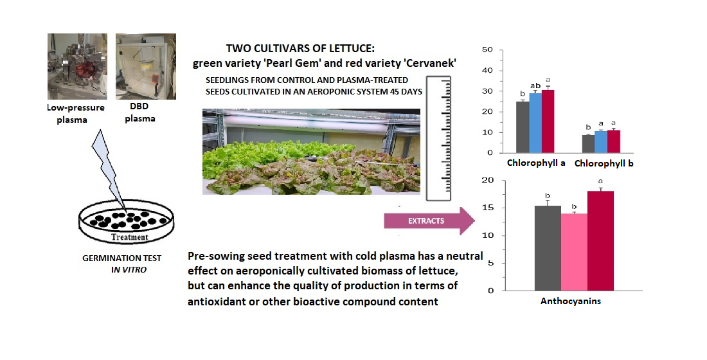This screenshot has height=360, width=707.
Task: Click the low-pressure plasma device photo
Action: coord(77,66)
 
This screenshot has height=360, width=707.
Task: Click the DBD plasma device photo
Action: coord(146,66)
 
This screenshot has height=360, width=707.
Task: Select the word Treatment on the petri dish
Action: coord(129,237)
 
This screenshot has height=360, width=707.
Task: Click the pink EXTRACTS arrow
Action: coord(429,221)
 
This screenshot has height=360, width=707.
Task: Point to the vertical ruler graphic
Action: coord(438,138)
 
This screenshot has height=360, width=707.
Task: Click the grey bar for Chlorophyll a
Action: coord(523,127)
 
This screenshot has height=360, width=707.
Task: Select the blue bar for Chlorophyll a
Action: coord(535,123)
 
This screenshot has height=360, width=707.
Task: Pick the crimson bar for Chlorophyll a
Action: coord(548,122)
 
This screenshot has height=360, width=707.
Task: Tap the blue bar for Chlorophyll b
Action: coord(601,141)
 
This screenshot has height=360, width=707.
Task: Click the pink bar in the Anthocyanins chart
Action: coord(575,252)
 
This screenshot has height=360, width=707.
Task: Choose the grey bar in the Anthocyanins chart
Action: coord(548,248)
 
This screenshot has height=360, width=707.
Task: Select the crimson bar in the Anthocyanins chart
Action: coord(600,241)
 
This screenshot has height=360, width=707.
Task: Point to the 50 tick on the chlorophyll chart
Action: coord(487,50)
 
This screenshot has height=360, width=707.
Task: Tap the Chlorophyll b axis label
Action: coord(604,164)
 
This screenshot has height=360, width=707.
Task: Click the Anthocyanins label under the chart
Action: coord(571,301)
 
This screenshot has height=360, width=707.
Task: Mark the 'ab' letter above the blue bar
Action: coord(535,85)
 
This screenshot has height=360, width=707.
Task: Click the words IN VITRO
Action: coord(129,270)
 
